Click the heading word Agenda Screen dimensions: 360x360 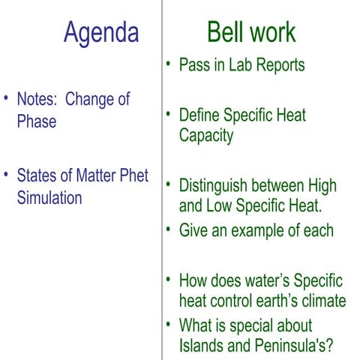[101, 32]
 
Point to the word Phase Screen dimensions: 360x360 [36, 121]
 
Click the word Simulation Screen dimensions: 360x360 [49, 198]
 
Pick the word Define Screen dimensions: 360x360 [201, 115]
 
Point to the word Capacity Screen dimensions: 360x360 [206, 136]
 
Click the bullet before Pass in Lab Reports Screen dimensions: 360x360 [169, 66]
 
